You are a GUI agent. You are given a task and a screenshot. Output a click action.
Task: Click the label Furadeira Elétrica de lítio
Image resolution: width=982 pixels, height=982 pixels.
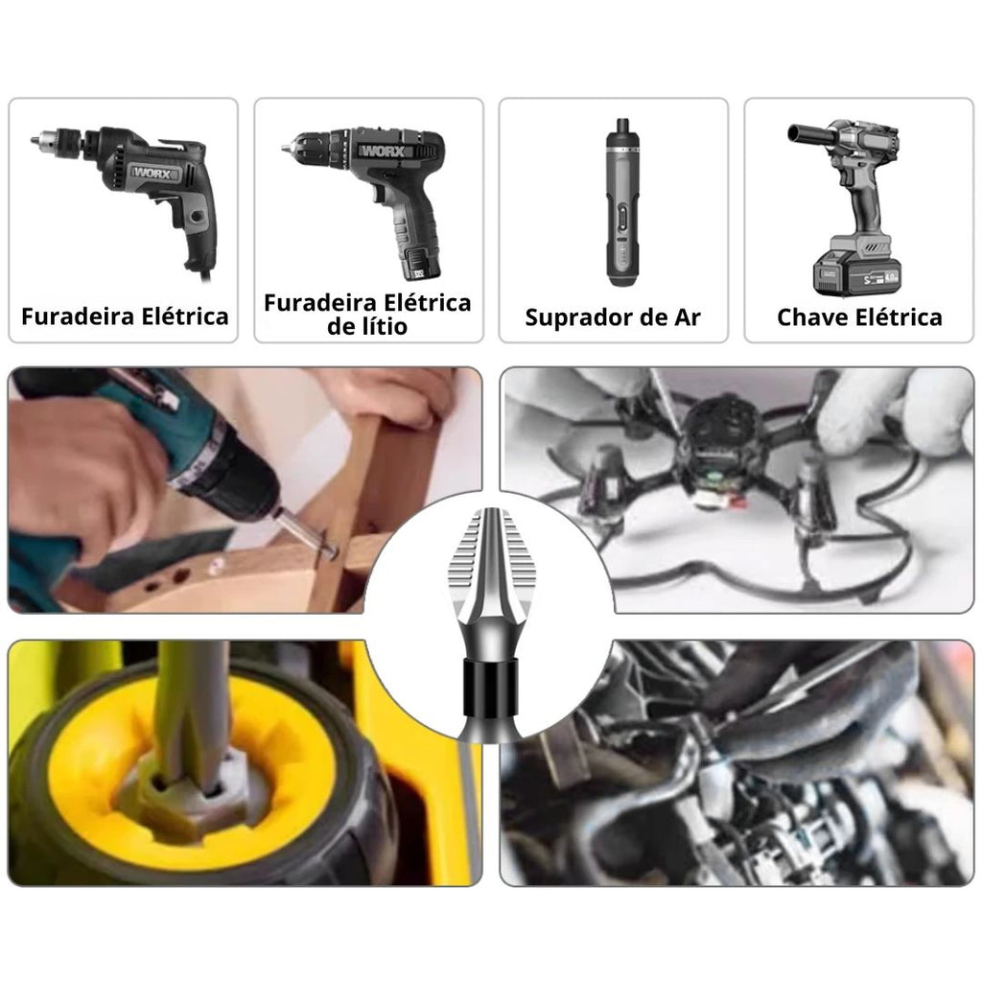[x=367, y=315]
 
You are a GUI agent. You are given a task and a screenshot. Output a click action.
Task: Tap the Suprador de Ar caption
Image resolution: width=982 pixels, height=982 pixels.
[x=613, y=317]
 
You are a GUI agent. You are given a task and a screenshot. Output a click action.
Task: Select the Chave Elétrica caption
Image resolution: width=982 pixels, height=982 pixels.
[x=859, y=317]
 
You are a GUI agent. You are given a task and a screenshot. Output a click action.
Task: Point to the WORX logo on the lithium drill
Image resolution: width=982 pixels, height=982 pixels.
[x=386, y=151]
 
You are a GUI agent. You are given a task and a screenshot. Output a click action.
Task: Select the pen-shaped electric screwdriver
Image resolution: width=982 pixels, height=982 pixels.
[x=621, y=201]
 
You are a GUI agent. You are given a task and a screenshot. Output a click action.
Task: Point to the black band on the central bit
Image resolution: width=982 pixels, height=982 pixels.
[x=491, y=688]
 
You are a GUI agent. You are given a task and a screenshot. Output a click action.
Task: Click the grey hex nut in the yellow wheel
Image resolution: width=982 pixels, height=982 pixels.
[x=188, y=793]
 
